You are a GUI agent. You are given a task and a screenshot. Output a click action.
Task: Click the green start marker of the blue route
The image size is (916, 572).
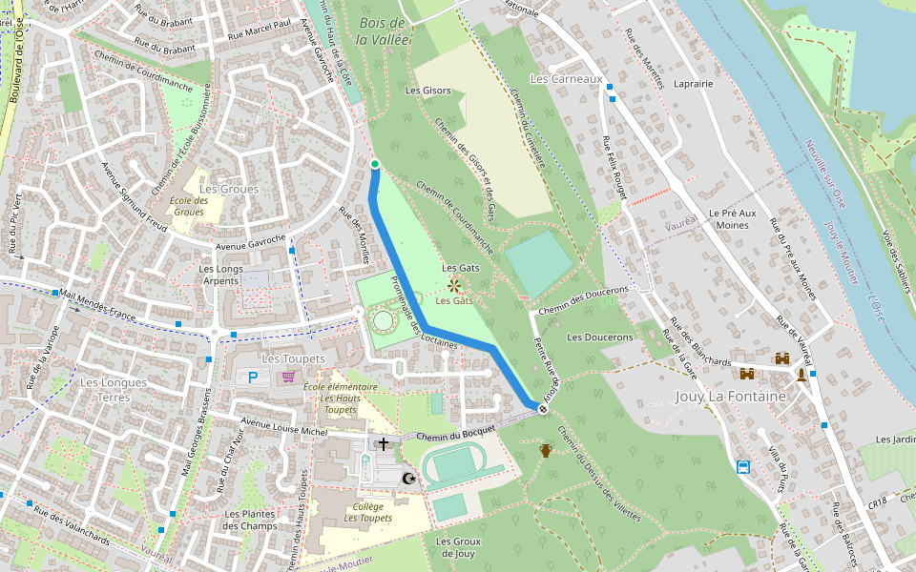[375, 165]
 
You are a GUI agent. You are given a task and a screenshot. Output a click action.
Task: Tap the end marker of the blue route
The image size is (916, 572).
[543, 409]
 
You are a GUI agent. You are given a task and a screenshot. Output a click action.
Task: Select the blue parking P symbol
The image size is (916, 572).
[253, 378]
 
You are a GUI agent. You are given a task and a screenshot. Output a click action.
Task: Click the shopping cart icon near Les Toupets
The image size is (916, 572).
[288, 378]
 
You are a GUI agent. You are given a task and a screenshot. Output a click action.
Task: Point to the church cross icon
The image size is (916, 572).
[384, 443]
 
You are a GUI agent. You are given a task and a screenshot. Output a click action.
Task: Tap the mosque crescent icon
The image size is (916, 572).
[410, 478]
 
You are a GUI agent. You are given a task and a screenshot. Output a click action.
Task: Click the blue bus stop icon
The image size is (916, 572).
[742, 466]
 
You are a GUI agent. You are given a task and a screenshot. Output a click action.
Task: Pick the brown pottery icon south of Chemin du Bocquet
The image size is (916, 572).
[546, 450]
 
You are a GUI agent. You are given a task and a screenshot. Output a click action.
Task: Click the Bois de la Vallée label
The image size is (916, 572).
[383, 31]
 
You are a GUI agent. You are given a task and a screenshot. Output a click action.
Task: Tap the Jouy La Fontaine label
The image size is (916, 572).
[730, 396]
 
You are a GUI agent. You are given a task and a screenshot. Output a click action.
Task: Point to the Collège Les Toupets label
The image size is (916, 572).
[367, 512]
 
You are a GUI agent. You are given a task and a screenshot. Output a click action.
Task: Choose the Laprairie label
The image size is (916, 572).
[694, 84]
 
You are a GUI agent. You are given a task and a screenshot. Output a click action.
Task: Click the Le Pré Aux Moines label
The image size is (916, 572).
[732, 218]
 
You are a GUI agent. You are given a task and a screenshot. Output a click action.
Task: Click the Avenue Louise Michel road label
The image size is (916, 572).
[285, 426]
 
